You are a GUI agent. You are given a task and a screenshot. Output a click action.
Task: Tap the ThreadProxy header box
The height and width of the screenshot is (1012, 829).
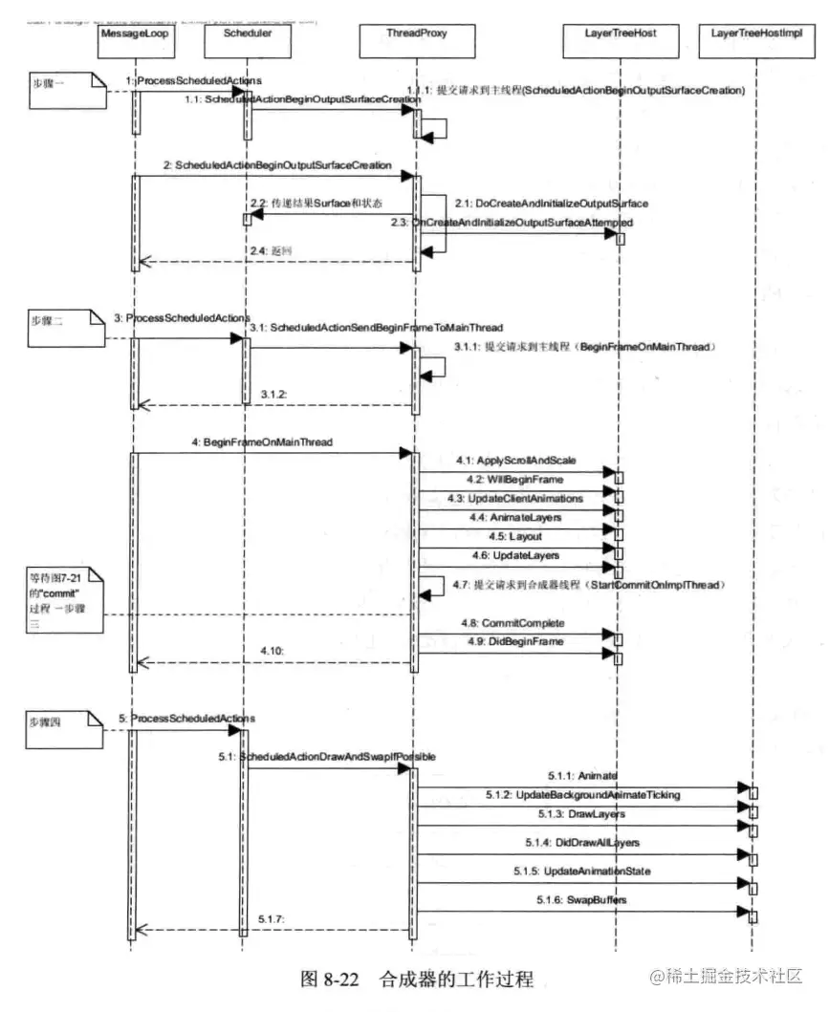(x=416, y=33)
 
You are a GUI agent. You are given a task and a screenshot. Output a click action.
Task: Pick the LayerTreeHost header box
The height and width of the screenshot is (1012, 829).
(x=620, y=33)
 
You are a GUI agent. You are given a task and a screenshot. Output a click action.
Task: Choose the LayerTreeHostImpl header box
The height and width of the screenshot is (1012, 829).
(x=755, y=33)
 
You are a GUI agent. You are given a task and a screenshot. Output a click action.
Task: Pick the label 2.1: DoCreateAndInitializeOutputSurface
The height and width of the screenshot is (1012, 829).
(x=550, y=204)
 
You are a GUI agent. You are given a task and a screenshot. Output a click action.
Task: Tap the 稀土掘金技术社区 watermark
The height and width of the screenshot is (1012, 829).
(x=724, y=977)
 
